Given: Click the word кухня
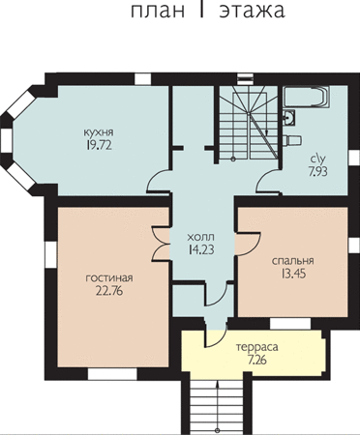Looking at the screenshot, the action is pos(99,132).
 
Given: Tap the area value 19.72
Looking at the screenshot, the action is pos(99,146).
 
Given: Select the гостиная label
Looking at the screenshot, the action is pos(109,278).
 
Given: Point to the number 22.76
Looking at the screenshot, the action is pos(109,291).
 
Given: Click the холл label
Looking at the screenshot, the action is pos(200,237).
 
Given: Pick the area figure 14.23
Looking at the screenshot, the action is pos(201,250).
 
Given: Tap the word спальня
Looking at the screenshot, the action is pos(293,261).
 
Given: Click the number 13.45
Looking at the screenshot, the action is pos(293,274).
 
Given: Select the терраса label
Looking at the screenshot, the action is pos(257,348).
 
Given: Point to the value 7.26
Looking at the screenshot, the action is pos(257,360).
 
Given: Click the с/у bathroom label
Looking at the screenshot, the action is pos(317,159).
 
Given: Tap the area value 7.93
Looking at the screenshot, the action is pos(317,171).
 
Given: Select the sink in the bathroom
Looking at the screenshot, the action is pos(289,117).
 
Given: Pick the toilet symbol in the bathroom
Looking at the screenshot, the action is pos(292,140).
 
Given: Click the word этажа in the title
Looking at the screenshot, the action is pos(252,11).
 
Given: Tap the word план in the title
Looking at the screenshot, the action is pos(158,11).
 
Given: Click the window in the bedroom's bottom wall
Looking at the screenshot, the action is pos(290,324).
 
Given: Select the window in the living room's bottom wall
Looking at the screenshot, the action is pos(112,374).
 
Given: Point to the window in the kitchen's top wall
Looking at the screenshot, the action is pos(142,79).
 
